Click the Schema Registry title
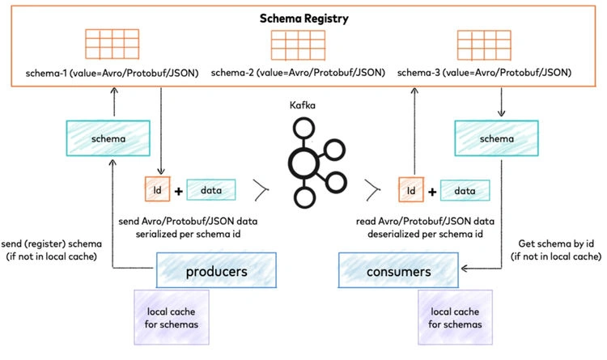click(303, 19)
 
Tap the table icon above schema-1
click(112, 44)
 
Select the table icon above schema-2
click(298, 45)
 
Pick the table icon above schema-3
click(484, 45)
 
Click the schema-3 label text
click(484, 72)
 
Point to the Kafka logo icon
click(316, 163)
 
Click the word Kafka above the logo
click(303, 105)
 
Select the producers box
click(216, 270)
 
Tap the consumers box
click(398, 270)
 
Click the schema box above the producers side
click(108, 138)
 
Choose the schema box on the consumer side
click(497, 138)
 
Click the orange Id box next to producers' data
click(157, 189)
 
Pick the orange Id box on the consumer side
click(411, 189)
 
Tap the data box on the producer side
click(211, 189)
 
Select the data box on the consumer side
click(465, 190)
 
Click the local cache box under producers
click(172, 317)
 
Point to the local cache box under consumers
click(455, 317)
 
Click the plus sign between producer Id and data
click(179, 191)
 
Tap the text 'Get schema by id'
click(556, 244)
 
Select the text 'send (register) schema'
click(52, 244)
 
